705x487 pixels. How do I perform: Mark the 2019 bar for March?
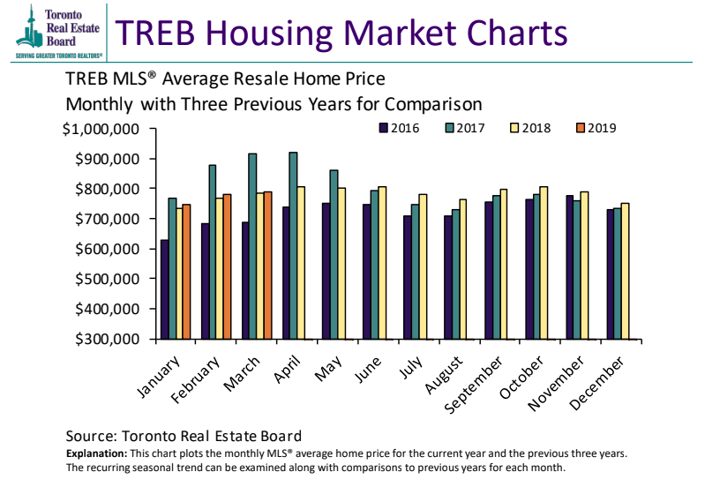[267, 265]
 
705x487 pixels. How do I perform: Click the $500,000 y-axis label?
[103, 279]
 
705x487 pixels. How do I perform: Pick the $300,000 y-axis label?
[103, 339]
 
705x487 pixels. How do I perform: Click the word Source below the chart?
[91, 436]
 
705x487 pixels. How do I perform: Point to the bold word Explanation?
[94, 453]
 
